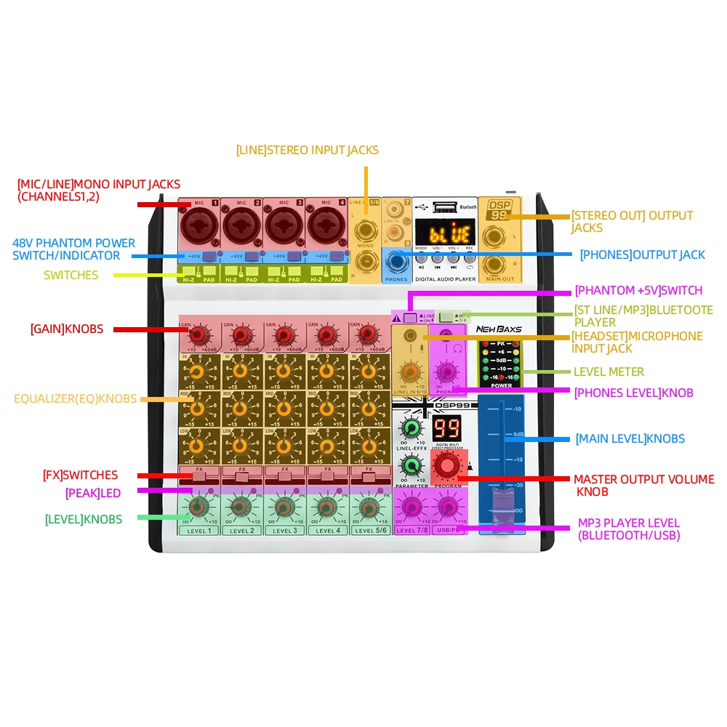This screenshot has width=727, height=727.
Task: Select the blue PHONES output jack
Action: click(396, 260)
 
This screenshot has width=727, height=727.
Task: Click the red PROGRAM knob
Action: click(448, 466)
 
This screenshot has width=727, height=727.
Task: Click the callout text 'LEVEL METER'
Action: click(608, 371)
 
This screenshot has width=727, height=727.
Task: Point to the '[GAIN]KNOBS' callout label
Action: click(67, 329)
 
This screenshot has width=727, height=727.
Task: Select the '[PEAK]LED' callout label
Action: click(92, 492)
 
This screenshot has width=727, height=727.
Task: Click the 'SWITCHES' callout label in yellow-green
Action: click(71, 275)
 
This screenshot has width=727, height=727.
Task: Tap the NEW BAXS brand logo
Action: click(499, 329)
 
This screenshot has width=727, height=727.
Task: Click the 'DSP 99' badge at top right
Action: click(499, 210)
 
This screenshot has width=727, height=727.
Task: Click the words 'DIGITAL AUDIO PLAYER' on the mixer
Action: click(446, 279)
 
